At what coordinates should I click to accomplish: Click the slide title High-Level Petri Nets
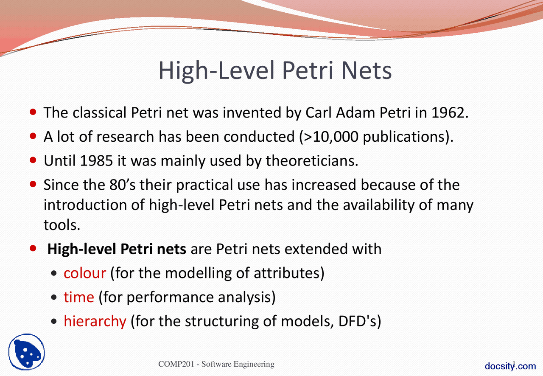(x=275, y=71)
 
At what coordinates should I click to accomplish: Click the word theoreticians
(x=311, y=161)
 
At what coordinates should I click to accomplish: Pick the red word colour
(x=84, y=272)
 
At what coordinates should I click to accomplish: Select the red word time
(x=78, y=297)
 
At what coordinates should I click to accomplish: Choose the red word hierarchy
(x=95, y=321)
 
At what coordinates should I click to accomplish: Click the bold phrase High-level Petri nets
(x=117, y=249)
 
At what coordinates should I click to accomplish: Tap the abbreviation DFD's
(x=359, y=321)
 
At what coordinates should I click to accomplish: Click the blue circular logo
(x=26, y=352)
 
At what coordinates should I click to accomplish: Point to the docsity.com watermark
(x=510, y=366)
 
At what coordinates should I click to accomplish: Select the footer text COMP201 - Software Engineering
(x=216, y=364)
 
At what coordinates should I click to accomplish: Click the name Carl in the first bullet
(x=319, y=113)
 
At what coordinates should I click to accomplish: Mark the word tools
(x=62, y=225)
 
